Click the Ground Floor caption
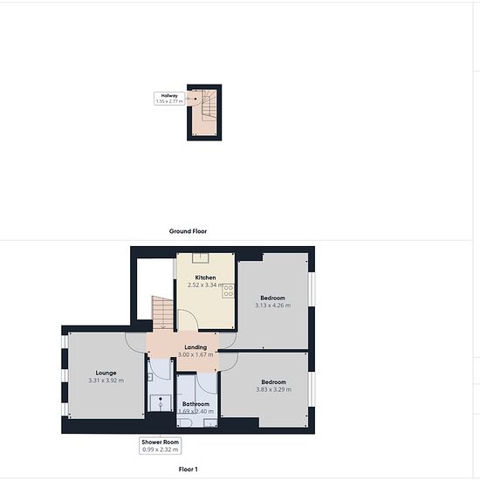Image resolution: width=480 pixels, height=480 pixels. tap(188, 231)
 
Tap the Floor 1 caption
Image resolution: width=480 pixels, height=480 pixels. tap(188, 469)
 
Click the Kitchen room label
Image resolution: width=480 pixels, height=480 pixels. tap(205, 278)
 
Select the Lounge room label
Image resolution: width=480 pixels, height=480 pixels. tap(106, 373)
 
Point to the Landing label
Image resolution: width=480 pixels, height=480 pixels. tap(195, 347)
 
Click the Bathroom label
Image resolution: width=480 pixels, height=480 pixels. tap(195, 404)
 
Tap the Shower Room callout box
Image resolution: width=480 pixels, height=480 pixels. tap(160, 446)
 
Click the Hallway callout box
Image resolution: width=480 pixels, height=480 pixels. tap(169, 99)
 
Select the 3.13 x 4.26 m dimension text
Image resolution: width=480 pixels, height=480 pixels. tap(273, 305)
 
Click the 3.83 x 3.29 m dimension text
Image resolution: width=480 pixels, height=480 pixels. tap(274, 389)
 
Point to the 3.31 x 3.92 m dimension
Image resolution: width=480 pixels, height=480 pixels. tap(106, 381)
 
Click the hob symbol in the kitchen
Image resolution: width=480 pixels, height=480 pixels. tap(229, 291)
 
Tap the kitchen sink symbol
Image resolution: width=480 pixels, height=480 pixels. tap(201, 257)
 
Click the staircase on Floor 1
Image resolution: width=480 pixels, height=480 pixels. tap(163, 312)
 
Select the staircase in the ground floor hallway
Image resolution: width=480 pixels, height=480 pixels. tap(209, 105)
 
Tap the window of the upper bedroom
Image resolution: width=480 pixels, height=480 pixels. tap(312, 289)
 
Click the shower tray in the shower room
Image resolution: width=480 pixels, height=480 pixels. tap(161, 403)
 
